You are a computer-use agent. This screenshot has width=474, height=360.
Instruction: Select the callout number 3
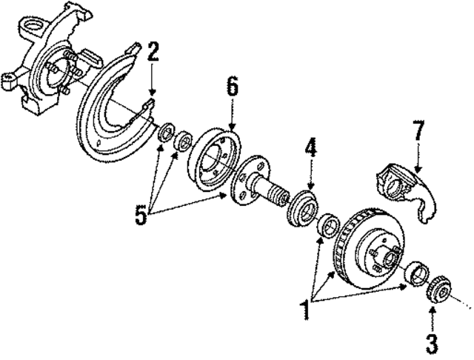[432, 342]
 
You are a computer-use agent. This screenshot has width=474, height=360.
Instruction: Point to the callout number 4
[311, 147]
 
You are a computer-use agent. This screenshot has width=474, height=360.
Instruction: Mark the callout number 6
[232, 87]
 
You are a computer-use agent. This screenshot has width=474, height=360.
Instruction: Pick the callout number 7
[418, 133]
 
